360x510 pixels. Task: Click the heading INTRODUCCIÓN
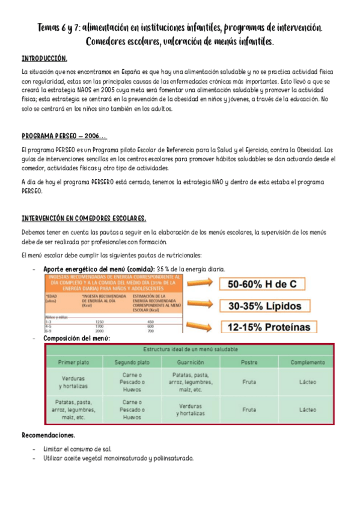[44, 59]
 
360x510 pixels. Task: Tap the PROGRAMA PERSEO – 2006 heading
[64, 136]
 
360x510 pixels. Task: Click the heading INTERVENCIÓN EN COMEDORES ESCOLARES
[84, 218]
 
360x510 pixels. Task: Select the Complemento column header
[307, 363]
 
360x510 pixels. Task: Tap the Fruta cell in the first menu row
[249, 382]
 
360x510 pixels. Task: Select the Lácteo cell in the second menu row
[307, 410]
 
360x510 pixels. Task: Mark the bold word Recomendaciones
[49, 435]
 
